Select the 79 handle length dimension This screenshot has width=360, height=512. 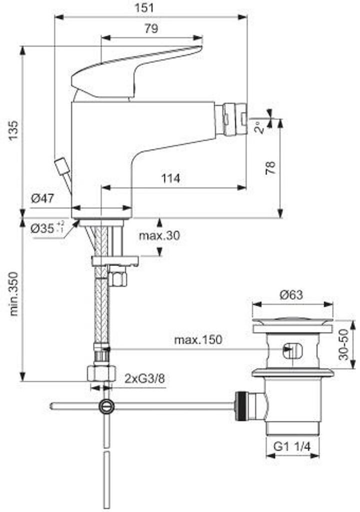(x=151, y=29)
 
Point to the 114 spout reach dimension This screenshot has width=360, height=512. (x=170, y=178)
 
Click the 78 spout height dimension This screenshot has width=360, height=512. (x=269, y=167)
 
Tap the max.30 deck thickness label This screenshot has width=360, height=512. (x=159, y=235)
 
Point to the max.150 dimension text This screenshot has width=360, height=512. (x=198, y=340)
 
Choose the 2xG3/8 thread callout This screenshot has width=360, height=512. (x=144, y=378)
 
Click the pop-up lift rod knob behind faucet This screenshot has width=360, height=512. (x=61, y=165)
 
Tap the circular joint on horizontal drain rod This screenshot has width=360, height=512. (x=106, y=406)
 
